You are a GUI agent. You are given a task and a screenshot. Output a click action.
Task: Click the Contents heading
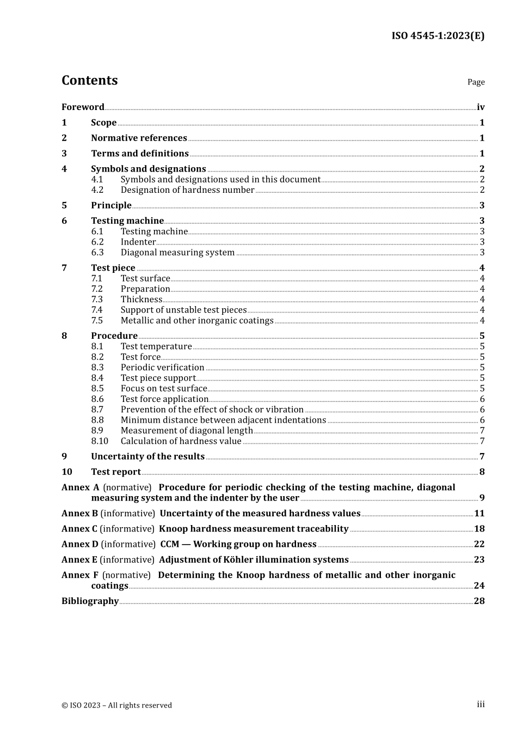coord(89,81)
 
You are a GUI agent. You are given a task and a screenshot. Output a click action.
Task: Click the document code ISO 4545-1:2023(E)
coord(438,36)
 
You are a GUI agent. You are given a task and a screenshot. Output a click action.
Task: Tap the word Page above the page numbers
coord(476,82)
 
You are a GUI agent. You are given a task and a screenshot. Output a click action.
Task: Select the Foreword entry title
coord(83,107)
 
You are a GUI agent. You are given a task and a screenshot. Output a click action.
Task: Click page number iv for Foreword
coord(480,107)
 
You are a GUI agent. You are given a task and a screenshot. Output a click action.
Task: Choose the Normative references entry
coord(139,138)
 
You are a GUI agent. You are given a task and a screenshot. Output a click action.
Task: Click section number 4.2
coord(97,190)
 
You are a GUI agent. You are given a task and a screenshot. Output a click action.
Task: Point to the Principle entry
coord(111,205)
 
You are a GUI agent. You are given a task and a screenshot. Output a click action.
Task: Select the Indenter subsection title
coord(138,242)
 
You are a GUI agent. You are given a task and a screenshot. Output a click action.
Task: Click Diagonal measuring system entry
coord(177,253)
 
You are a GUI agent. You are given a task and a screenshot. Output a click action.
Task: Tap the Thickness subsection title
coord(141,300)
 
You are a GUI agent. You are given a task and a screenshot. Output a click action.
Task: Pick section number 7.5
coord(97,321)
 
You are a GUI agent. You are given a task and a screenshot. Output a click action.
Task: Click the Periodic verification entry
coord(162,368)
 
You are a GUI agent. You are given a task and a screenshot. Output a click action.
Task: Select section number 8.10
coord(100,441)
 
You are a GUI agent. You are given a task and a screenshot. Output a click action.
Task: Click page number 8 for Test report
coord(482,472)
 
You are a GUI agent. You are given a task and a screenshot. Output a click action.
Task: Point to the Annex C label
coord(79,529)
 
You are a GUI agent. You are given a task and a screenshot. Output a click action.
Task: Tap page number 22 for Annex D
coord(479,544)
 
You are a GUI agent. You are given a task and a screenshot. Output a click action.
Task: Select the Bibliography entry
coord(90,601)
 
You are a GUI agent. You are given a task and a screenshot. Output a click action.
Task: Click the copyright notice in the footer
coord(116,705)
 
